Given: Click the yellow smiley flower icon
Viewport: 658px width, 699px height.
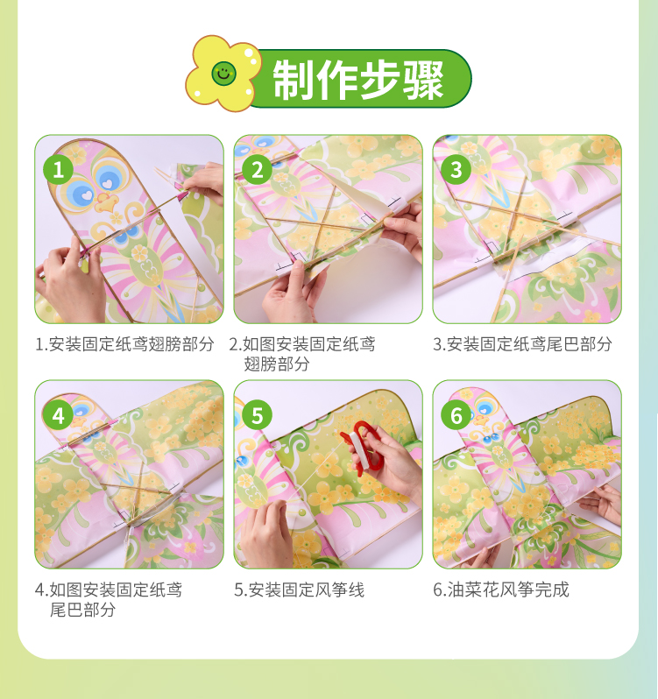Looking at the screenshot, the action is [223, 74].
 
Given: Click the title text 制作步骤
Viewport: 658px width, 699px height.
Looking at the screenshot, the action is [358, 80].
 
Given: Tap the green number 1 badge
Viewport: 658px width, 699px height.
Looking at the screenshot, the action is [59, 170].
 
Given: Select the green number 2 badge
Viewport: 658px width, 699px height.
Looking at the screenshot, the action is [258, 170].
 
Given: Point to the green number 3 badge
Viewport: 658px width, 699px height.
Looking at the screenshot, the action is [456, 170].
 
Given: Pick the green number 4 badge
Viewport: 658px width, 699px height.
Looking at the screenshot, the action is [59, 416].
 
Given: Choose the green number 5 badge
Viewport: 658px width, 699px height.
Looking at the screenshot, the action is [258, 416].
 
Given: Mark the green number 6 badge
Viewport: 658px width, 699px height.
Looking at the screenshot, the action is [456, 416].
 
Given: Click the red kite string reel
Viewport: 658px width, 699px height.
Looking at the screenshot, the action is [363, 448].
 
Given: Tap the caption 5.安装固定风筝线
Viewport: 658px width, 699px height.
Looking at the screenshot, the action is [299, 590].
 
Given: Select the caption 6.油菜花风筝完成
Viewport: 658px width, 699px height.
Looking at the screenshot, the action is [501, 590].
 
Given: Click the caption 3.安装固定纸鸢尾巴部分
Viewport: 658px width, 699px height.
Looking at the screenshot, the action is [522, 344].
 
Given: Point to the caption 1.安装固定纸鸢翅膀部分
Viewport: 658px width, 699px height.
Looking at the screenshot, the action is [124, 344].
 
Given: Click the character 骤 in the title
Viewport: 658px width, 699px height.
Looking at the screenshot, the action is [423, 81].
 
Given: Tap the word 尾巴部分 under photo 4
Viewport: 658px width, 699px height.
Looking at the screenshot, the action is [82, 610].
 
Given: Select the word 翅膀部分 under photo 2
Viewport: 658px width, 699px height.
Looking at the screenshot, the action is [276, 364].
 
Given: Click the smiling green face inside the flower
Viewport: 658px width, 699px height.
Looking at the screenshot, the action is [223, 73].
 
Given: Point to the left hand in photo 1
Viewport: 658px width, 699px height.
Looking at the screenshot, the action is [70, 282].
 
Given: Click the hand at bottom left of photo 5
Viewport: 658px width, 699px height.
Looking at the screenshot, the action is [267, 535].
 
